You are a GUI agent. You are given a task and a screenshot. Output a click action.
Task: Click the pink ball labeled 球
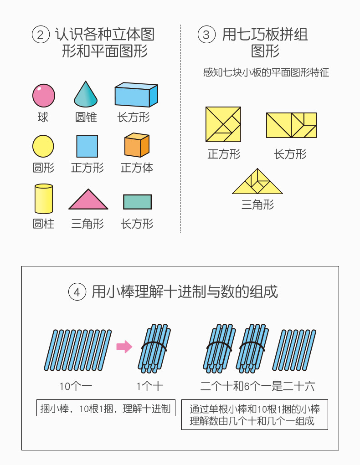point(43,96)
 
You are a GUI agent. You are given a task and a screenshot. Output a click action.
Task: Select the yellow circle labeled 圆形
point(43,146)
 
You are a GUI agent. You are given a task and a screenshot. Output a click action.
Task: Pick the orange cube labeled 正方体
point(137,145)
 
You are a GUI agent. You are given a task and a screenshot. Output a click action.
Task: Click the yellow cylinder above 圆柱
point(43,199)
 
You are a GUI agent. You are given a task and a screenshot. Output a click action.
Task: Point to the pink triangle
point(88,200)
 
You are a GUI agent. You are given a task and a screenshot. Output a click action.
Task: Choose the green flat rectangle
point(137,202)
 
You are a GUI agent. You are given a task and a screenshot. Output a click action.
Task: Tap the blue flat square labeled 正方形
point(87,146)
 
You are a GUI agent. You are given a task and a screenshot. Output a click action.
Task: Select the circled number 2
point(41,35)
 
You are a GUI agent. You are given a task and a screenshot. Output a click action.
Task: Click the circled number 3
point(206,35)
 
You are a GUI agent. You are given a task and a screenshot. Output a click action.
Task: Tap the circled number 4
point(77,292)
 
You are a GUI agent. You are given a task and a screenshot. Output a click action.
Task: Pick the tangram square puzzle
point(223,124)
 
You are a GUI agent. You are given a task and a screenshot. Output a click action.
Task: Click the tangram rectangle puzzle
point(291,125)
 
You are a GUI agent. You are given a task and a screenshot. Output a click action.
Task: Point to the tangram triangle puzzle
point(257,182)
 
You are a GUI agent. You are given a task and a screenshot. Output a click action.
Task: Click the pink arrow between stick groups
point(124,347)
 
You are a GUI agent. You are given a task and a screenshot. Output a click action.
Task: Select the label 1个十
point(150,387)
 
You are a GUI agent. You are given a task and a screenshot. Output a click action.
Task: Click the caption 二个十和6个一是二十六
point(258,387)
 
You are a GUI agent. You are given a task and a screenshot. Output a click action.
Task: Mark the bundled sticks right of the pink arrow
point(154,348)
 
